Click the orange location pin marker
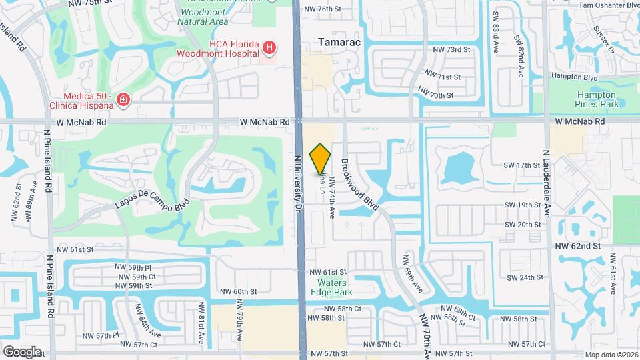coord(321,158)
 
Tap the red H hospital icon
coord(269,47)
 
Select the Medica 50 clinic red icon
coord(123,100)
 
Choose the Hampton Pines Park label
coord(597,99)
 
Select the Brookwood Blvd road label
coord(360,185)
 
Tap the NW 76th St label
coord(322,9)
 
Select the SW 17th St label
coord(522,165)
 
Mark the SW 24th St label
coord(522,277)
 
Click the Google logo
coord(22,351)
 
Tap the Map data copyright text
coord(611,355)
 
